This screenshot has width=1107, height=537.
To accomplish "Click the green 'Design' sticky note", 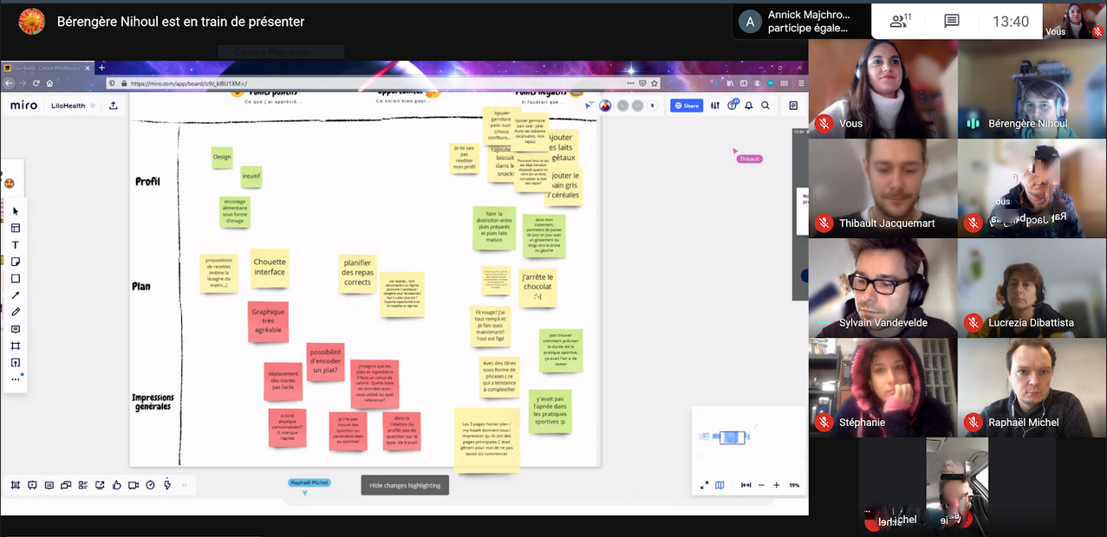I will tap(222, 158).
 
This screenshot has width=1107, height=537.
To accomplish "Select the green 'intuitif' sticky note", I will tap(251, 177).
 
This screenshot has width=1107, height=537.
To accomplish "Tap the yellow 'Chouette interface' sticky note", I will tap(270, 267).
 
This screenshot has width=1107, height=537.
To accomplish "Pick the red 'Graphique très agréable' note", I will tap(268, 322).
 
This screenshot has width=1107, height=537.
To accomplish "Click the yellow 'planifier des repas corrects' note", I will tap(357, 273).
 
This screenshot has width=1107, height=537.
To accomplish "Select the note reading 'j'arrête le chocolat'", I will tap(537, 287).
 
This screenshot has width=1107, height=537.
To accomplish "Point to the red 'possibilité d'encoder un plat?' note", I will tap(325, 360).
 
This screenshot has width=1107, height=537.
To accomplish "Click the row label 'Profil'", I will tap(147, 182).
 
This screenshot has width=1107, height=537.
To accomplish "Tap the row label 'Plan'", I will tap(141, 287).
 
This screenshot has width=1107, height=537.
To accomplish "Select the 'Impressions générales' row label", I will tap(153, 402).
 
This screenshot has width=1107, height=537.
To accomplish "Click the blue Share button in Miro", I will tap(686, 106).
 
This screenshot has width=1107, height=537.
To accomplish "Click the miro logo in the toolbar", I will tap(23, 106).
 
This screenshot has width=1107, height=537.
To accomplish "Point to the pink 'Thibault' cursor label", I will tap(749, 159).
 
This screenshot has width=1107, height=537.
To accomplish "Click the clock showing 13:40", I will tap(1011, 22).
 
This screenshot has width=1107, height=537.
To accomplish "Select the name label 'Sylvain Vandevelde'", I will tap(882, 323).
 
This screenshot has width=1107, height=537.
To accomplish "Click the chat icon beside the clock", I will tap(952, 22).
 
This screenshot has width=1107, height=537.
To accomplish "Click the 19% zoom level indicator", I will tap(794, 485).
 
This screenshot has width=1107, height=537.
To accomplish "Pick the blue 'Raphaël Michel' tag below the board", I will tap(309, 482).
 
